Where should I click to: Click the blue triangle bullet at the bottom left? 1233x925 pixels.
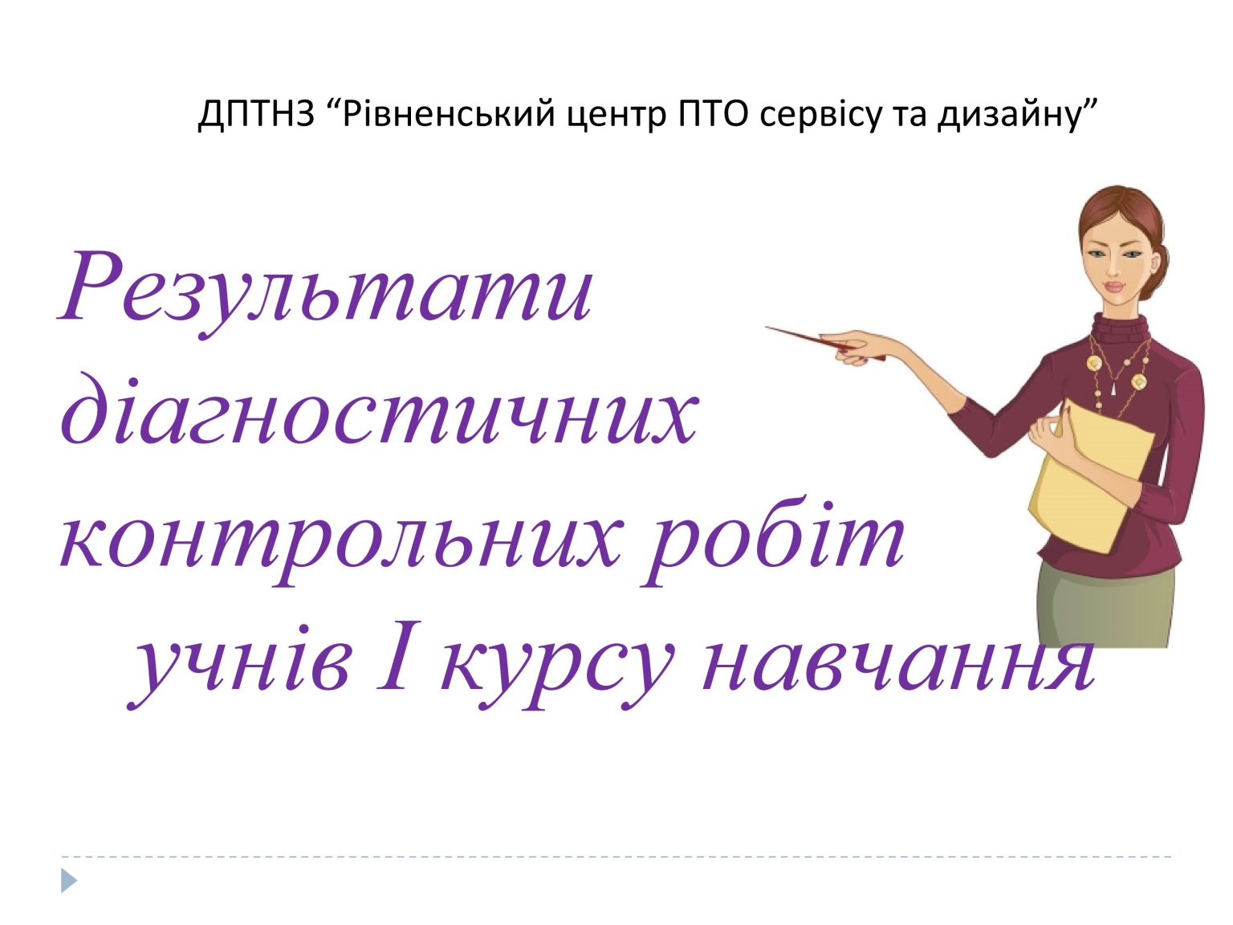(x=69, y=881)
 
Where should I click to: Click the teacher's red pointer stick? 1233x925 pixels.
(x=811, y=340)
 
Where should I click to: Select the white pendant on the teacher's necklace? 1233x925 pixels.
(x=1114, y=389)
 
